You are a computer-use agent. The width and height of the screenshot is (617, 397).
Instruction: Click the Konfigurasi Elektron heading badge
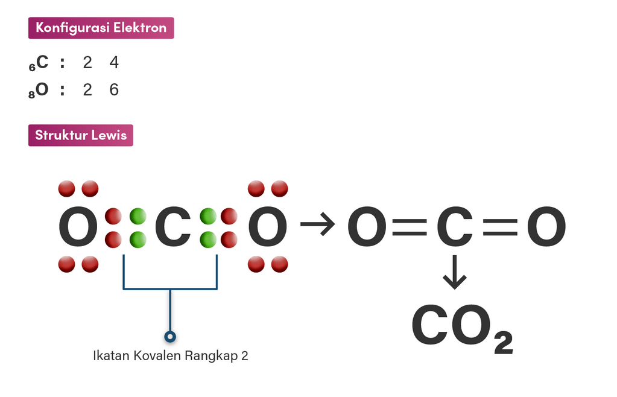[101, 28]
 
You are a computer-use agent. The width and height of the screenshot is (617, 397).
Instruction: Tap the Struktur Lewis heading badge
[81, 135]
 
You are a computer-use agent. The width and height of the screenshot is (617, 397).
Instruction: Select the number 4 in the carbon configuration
[114, 62]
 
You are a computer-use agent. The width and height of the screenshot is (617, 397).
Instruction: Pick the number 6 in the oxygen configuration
[114, 90]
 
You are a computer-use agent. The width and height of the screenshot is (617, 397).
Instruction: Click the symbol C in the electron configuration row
[42, 62]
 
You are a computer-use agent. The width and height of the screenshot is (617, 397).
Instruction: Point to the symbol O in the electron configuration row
[42, 89]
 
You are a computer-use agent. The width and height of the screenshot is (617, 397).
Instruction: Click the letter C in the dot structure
[172, 227]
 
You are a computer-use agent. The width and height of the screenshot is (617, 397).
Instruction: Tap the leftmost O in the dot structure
[78, 227]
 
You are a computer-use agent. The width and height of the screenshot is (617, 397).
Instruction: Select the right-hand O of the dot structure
[268, 227]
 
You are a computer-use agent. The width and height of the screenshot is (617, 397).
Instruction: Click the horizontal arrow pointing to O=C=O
[318, 224]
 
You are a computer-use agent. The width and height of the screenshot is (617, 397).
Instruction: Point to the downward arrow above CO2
[455, 272]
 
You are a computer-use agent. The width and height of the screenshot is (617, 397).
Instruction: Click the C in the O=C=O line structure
[455, 227]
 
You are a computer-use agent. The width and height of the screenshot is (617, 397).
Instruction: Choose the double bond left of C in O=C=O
[410, 227]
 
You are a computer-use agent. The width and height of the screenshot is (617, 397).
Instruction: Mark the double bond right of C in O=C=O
[500, 227]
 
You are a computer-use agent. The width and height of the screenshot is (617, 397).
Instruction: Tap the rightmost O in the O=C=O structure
[546, 227]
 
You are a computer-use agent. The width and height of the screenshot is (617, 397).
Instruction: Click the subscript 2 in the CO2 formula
[504, 343]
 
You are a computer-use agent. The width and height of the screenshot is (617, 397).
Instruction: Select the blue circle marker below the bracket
[170, 337]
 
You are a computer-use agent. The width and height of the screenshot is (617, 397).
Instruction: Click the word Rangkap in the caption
[211, 356]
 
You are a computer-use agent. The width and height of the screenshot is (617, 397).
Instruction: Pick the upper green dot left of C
[138, 217]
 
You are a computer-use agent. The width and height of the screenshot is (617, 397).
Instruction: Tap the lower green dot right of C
[208, 240]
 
